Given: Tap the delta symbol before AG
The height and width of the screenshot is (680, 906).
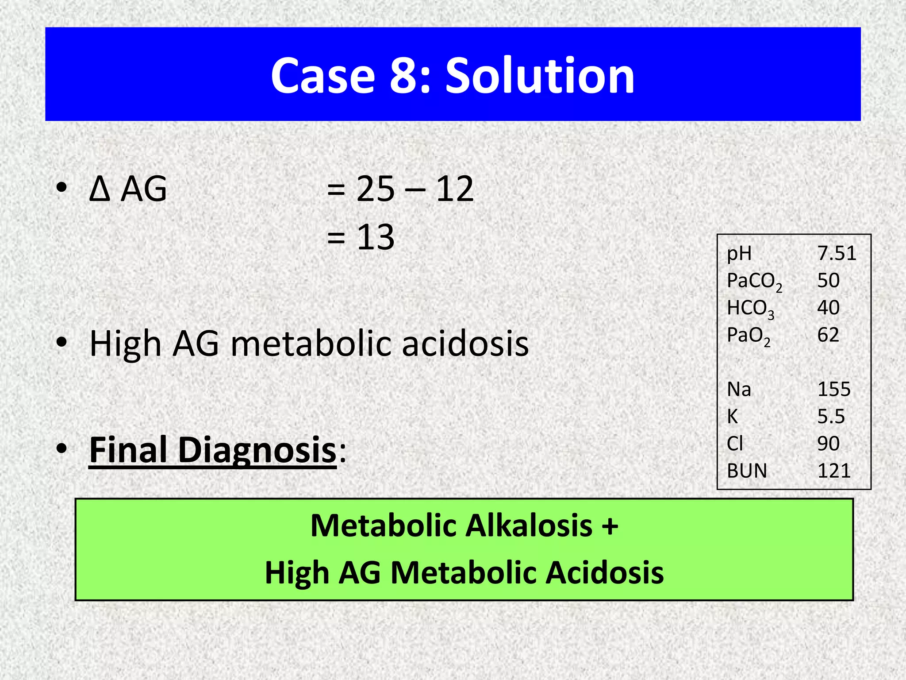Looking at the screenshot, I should click(99, 189).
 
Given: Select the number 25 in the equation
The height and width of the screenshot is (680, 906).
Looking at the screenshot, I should click(375, 189).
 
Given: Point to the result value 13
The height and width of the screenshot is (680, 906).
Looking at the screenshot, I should click(376, 237).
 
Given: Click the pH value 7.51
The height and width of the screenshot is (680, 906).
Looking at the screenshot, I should click(837, 253).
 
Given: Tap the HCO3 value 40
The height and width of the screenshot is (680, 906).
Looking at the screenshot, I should click(828, 308).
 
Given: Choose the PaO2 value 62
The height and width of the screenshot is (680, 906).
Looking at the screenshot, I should click(828, 335).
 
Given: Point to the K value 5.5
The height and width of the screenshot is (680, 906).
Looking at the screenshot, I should click(831, 417).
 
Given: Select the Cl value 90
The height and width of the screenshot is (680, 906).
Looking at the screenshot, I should click(828, 444).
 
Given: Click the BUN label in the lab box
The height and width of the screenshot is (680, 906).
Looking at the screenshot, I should click(747, 471).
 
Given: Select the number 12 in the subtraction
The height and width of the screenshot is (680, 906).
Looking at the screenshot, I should click(455, 189).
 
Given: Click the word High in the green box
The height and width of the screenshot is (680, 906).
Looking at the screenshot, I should click(296, 573).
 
